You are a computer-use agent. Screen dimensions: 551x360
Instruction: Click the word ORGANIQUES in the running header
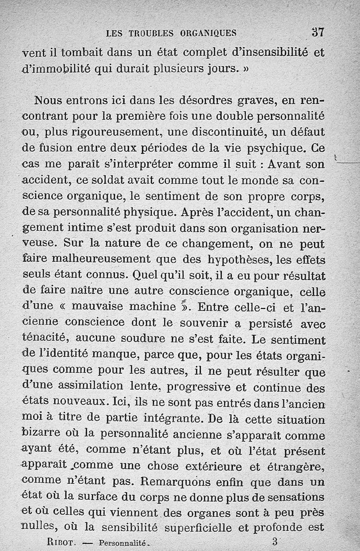click(x=208, y=33)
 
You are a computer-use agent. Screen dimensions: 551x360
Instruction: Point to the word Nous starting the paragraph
click(x=51, y=99)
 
